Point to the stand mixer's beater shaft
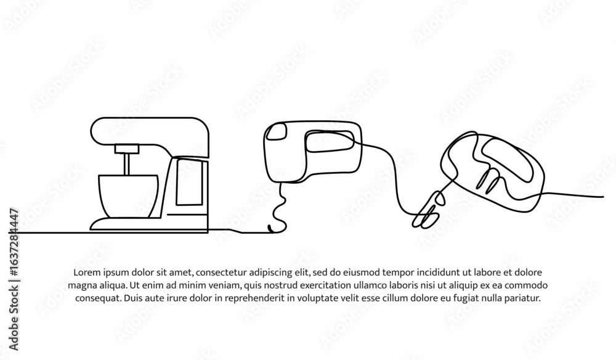[126, 164]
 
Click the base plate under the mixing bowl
[126, 224]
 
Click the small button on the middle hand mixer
[276, 131]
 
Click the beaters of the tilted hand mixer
[429, 210]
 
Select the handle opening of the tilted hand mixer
[507, 160]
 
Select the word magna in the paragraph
[79, 285]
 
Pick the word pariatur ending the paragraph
[525, 298]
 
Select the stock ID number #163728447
[14, 243]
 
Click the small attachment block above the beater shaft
[127, 149]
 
